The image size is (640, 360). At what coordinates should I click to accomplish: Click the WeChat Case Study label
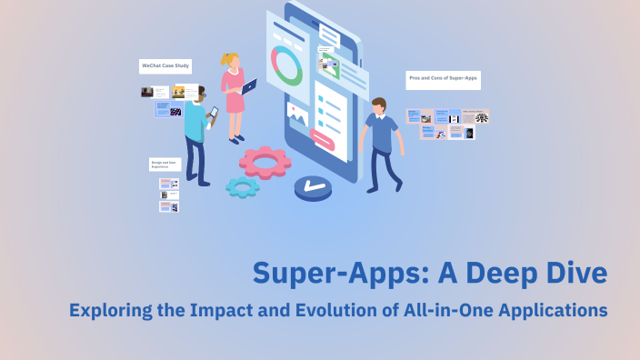point(165,66)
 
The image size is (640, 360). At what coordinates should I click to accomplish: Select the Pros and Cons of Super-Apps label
point(443,80)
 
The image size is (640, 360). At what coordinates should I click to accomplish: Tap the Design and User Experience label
point(165,165)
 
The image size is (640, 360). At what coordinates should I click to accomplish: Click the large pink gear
point(265,161)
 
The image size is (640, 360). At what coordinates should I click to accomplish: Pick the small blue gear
point(242,187)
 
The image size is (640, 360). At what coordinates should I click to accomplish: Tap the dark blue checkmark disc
point(313,187)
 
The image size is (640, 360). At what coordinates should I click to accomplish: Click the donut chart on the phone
point(287,66)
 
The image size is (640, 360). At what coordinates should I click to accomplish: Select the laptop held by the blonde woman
point(249,87)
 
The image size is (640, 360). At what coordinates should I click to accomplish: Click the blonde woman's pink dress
point(235,96)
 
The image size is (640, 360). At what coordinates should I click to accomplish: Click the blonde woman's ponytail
point(225,61)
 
